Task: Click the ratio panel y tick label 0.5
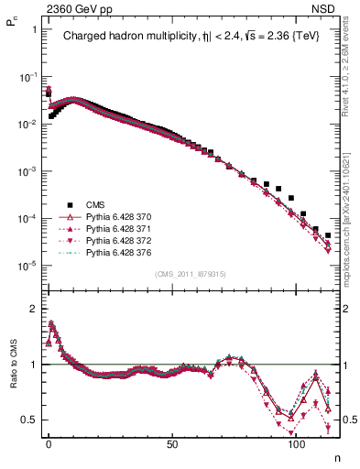tap(29, 420)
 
